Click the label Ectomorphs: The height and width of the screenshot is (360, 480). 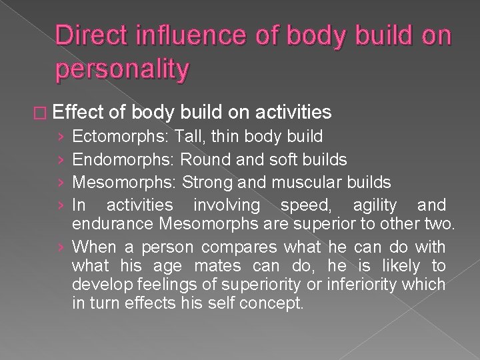click(x=121, y=137)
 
